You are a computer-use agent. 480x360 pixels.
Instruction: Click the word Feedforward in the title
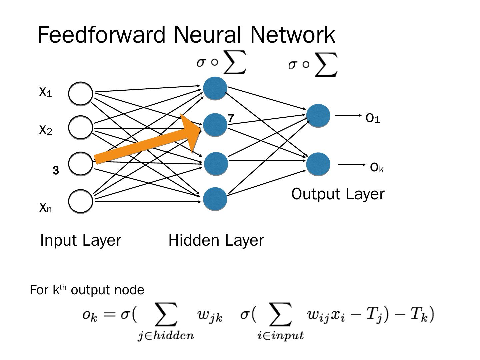(101, 35)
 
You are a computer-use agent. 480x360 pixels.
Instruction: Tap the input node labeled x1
(81, 94)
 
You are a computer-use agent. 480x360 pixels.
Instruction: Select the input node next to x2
(81, 127)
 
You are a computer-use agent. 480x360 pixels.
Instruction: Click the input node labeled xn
(81, 201)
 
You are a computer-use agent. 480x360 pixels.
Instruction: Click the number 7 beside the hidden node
(231, 118)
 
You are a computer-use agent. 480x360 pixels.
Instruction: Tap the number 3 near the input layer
(56, 171)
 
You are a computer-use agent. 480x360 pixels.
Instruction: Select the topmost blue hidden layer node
(215, 88)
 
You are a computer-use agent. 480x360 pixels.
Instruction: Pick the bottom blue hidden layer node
(215, 199)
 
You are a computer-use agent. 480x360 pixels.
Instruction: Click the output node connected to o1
(318, 116)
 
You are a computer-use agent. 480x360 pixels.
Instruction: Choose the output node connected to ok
(318, 164)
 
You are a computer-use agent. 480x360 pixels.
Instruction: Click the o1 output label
(373, 118)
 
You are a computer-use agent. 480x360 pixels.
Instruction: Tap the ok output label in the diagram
(377, 167)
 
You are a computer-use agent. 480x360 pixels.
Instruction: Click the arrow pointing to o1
(348, 115)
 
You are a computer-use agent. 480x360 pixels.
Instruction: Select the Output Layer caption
(338, 194)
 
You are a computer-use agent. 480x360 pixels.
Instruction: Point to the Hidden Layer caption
(216, 240)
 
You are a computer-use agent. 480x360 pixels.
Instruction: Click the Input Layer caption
(80, 240)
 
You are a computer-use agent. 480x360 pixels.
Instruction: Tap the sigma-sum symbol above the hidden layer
(222, 62)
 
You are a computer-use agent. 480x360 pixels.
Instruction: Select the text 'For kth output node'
(87, 290)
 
